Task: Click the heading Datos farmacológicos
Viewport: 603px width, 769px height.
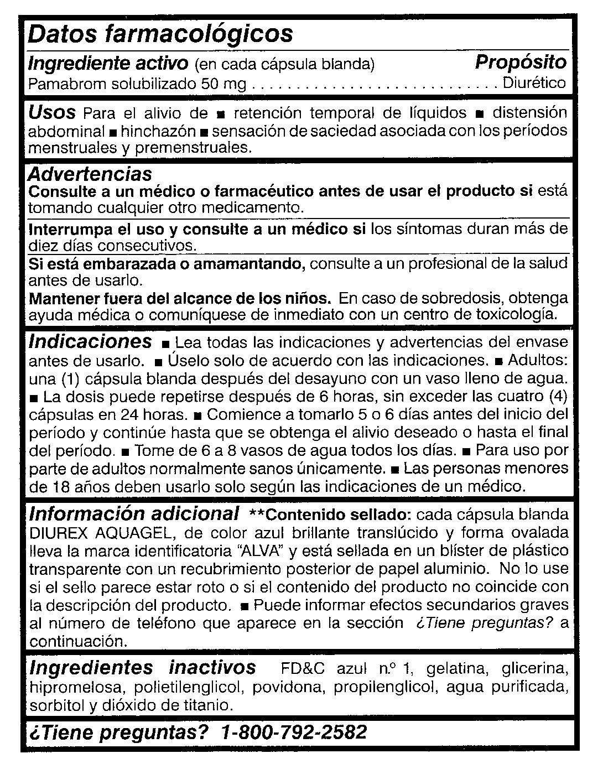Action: tap(160, 34)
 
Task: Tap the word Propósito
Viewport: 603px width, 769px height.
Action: tap(521, 62)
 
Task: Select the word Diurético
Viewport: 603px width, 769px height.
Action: tap(534, 84)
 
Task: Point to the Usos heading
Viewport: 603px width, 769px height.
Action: tap(51, 113)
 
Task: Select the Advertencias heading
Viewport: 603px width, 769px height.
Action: tap(90, 174)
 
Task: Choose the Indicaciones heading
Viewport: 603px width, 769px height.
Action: tap(90, 341)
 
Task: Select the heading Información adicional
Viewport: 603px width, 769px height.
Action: tap(134, 513)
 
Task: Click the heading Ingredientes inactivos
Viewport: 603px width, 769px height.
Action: tap(142, 667)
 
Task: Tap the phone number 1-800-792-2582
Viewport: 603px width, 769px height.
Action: tap(293, 732)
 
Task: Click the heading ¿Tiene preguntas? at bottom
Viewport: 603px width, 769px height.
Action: tap(118, 732)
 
